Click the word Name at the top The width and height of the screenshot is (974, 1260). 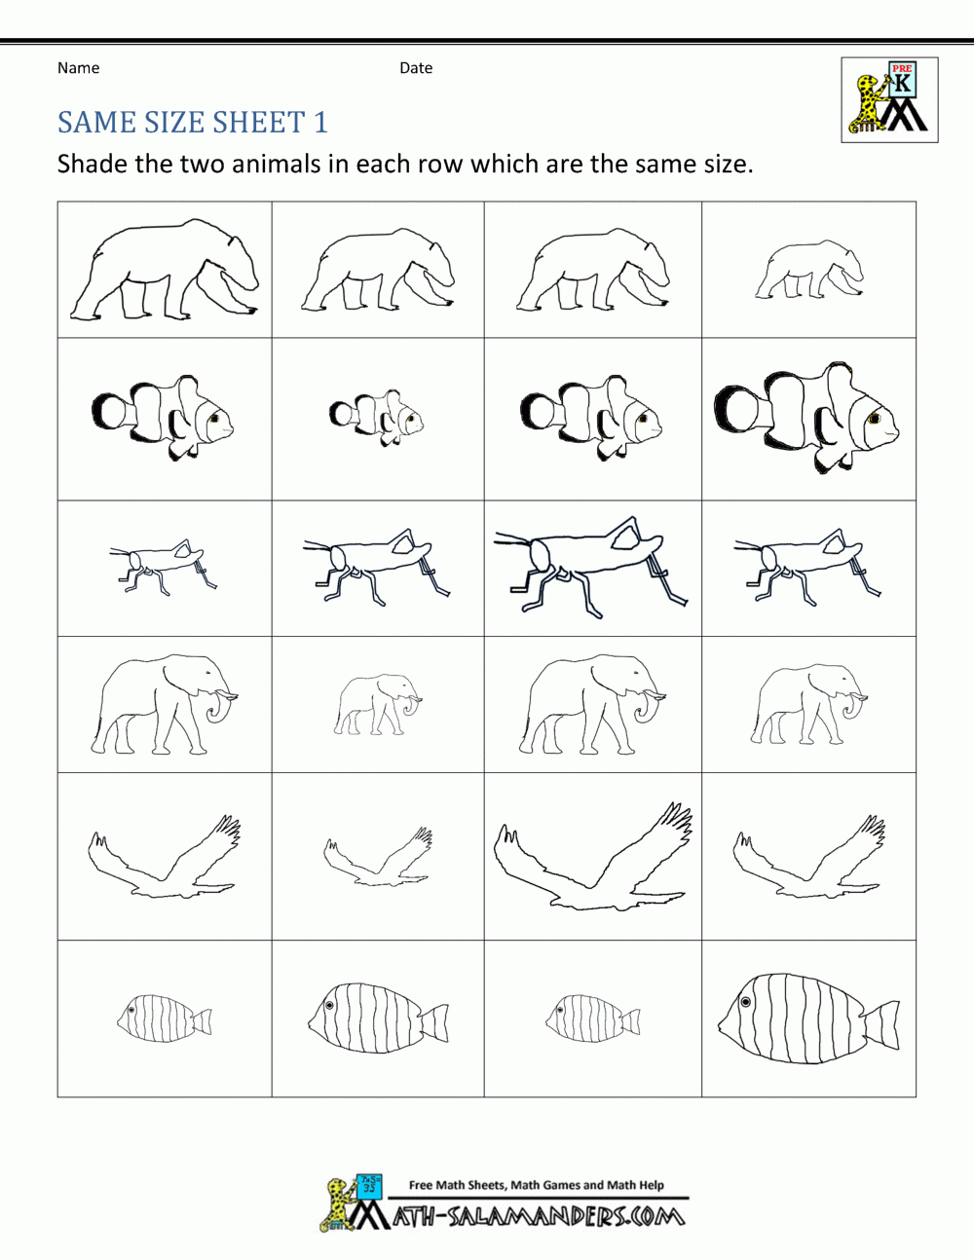78,68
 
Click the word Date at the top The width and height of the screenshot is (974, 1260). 416,68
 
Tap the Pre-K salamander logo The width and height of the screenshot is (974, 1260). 889,100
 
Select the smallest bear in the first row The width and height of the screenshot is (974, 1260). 809,272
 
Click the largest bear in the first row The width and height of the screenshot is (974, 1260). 164,272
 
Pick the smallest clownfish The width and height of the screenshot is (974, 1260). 377,418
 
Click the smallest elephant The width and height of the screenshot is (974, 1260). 378,704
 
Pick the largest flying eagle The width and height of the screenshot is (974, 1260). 593,857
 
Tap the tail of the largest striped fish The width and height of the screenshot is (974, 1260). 882,1025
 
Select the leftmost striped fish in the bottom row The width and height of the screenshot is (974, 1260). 164,1019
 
